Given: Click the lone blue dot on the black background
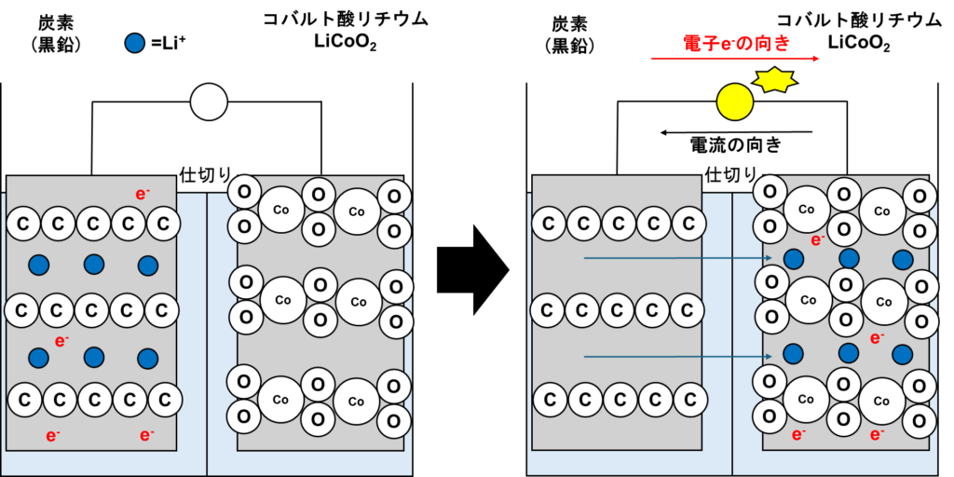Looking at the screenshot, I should pyautogui.click(x=135, y=43).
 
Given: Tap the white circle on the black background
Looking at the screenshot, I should pyautogui.click(x=209, y=102).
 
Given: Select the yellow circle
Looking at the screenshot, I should pyautogui.click(x=734, y=102).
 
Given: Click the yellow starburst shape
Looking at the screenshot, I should pyautogui.click(x=774, y=80).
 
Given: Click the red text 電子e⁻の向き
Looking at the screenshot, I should pyautogui.click(x=736, y=43).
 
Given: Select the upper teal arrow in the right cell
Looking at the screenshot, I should pyautogui.click(x=677, y=258).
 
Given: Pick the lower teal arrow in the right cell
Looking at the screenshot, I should pyautogui.click(x=677, y=356).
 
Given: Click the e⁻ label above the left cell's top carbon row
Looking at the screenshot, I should pyautogui.click(x=143, y=194).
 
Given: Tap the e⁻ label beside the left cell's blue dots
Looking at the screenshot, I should pyautogui.click(x=61, y=341).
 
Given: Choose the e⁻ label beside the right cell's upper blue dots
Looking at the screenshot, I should pyautogui.click(x=817, y=239).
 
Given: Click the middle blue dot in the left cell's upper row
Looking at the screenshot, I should pyautogui.click(x=94, y=265).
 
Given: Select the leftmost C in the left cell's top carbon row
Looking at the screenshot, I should pyautogui.click(x=23, y=224).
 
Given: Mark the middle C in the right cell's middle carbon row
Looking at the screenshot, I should pyautogui.click(x=619, y=310).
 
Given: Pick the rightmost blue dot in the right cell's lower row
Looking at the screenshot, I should pyautogui.click(x=902, y=354).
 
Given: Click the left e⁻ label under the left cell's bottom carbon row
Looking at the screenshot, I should pyautogui.click(x=53, y=435).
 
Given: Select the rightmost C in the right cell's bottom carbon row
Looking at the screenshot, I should pyautogui.click(x=689, y=401).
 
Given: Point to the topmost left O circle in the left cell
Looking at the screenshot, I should pyautogui.click(x=244, y=192).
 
